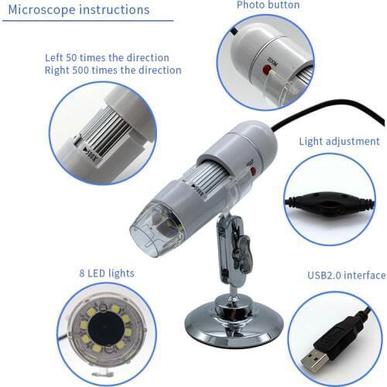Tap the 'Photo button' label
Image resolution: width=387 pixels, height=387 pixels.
(x=268, y=5)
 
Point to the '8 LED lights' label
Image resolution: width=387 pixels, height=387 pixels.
(x=107, y=273)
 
